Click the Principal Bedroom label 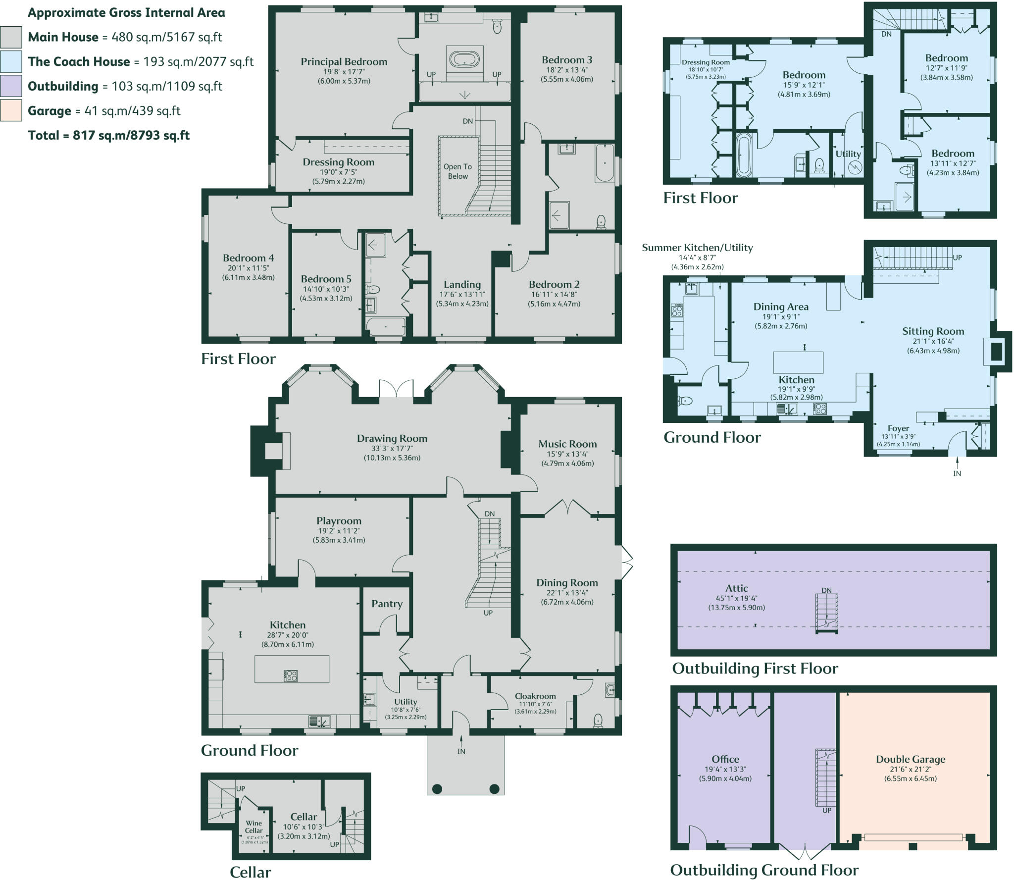coord(344,62)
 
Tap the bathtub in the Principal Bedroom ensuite coord(464,59)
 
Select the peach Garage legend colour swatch coord(11,110)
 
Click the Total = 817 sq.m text coord(108,135)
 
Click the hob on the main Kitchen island coord(291,675)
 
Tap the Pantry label coord(387,604)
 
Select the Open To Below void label coord(457,171)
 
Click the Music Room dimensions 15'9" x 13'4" coord(567,454)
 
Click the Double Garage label coord(910,759)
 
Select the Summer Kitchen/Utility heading coord(697,248)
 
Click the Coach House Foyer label coord(898,428)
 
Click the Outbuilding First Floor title coord(755,669)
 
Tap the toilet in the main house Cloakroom coord(598,720)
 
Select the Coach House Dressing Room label coord(705,62)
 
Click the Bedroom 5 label coord(326,279)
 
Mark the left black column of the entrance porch coord(437,789)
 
